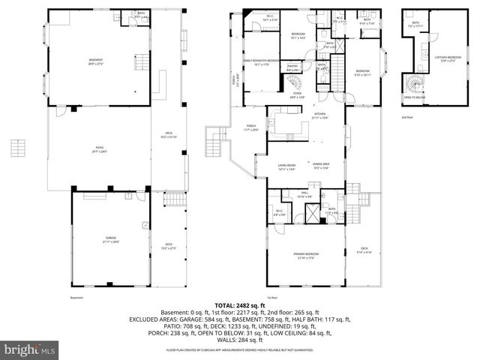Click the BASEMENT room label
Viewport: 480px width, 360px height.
point(95,61)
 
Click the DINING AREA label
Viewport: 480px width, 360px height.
point(322,166)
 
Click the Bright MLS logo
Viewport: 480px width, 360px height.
point(30,349)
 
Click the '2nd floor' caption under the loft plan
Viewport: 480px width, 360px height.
point(407,118)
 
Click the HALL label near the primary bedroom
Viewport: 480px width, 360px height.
point(305,196)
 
